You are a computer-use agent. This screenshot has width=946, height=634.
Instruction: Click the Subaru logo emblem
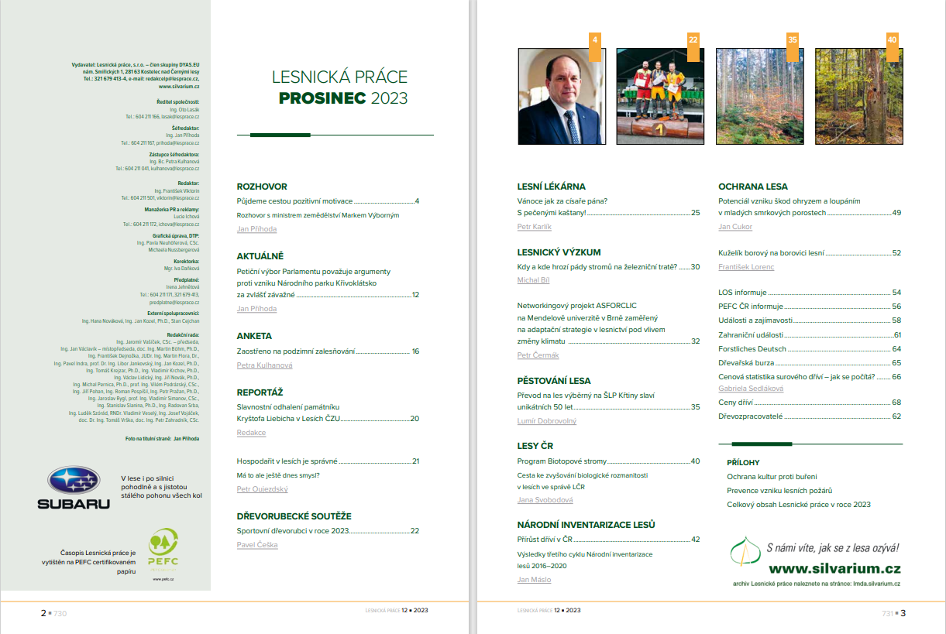point(74,481)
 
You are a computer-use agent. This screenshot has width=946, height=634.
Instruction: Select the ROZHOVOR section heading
point(262,187)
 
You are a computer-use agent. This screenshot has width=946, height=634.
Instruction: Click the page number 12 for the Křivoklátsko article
point(415,295)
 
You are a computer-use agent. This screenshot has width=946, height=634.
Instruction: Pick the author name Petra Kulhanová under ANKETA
point(264,365)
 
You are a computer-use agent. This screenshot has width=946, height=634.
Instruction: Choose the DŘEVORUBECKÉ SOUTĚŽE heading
point(294,516)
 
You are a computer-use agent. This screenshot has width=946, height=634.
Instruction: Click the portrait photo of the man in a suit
point(562,97)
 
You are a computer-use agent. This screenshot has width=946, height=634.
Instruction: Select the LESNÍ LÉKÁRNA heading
point(551,187)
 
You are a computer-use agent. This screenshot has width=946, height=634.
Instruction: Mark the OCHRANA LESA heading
point(753,187)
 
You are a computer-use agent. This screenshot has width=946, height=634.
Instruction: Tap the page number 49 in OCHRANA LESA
point(896,212)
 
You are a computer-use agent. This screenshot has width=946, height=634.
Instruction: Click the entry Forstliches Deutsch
point(752,348)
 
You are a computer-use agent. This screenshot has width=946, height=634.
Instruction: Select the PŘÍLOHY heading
point(743,462)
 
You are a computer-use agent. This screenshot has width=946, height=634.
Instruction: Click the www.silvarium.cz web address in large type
point(834,567)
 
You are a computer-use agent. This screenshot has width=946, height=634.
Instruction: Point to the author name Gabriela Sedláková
point(751,389)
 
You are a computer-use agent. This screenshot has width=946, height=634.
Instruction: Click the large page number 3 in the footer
point(903,613)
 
